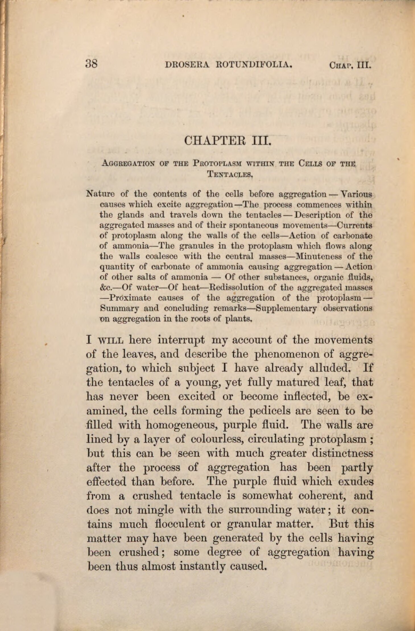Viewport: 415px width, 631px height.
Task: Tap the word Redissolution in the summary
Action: pyautogui.click(x=237, y=287)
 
